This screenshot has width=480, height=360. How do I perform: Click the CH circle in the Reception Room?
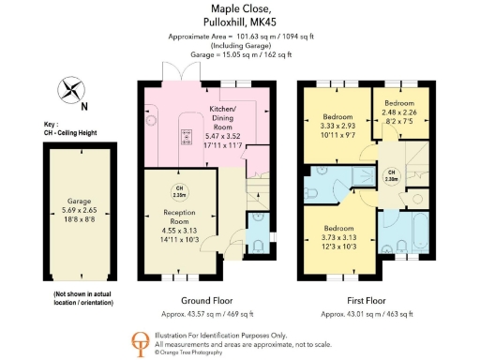click(177, 192)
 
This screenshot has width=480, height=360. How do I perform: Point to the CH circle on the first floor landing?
click(393, 175)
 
